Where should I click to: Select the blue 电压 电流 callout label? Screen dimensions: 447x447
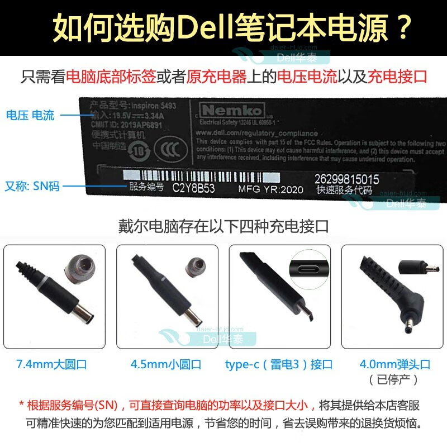31,116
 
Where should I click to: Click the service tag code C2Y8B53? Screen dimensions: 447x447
193,188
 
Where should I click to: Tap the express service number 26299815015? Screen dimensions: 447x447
346,179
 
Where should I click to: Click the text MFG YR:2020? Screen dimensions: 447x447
270,189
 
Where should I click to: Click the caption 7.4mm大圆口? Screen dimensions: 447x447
52,365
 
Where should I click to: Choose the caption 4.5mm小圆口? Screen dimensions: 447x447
165,365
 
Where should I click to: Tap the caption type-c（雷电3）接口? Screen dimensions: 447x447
279,365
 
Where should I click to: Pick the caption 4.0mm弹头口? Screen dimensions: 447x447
394,365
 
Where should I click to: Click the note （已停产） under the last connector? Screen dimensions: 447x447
394,380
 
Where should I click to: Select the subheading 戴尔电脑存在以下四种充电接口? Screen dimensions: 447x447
223,226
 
